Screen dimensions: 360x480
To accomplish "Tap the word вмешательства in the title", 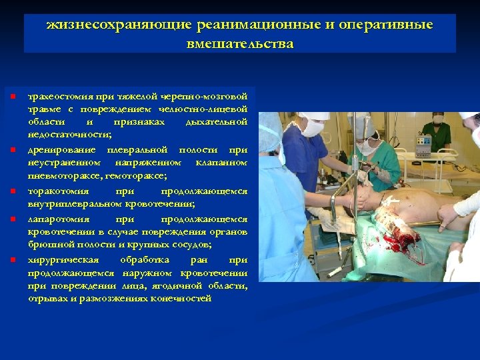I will point(240,44).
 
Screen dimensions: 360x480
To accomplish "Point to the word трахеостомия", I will point(59,95).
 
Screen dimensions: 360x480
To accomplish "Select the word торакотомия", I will point(57,191).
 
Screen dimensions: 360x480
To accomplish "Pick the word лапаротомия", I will point(56,219).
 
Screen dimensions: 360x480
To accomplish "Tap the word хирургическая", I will point(63,259).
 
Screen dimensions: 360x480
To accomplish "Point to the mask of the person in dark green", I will point(438,121).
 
